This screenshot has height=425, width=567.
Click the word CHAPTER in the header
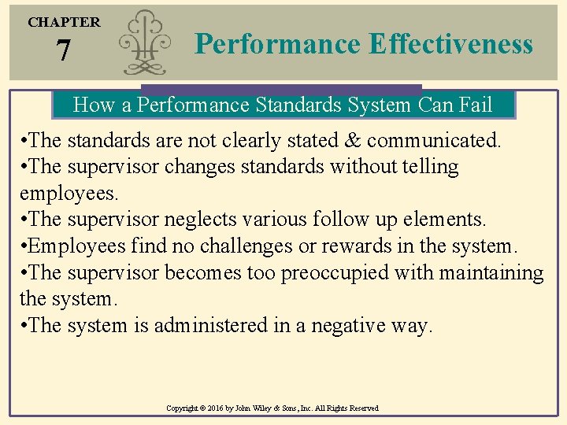coord(64,22)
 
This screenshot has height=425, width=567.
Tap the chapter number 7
coord(63,52)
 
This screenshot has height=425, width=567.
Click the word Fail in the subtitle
coord(471,105)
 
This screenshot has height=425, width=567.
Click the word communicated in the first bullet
coord(432,141)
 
